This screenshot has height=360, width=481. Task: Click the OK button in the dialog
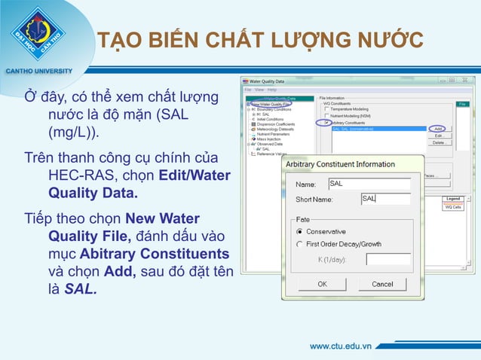321,284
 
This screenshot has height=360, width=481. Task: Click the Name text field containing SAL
369,184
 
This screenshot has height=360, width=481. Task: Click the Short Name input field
385,199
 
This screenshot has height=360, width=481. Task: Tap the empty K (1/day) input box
388,259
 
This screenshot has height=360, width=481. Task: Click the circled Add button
438,129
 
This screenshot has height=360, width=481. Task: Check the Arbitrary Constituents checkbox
327,122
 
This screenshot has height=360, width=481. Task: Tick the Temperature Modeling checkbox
327,109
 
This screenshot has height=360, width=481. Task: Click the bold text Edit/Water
195,176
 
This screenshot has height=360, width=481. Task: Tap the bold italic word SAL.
81,287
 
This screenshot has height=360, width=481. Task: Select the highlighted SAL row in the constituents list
377,129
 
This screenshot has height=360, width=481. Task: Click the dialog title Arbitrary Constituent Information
340,164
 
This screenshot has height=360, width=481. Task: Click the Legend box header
453,199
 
